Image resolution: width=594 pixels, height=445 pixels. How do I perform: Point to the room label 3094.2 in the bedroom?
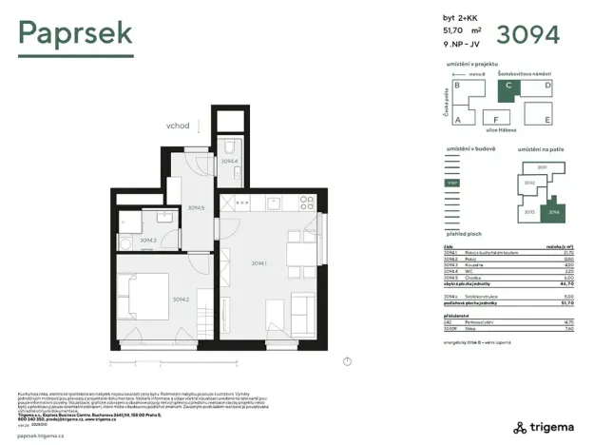pos(156,300)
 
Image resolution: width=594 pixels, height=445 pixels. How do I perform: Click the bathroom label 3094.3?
pos(147,240)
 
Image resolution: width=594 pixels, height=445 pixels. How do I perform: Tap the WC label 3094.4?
pos(228,161)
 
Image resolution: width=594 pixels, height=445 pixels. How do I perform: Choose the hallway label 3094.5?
pos(196,207)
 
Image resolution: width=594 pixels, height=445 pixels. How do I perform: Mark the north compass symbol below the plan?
pos(348,360)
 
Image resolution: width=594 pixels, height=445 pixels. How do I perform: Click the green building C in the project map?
pos(509,86)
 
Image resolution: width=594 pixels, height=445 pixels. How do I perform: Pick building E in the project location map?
pos(547,119)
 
